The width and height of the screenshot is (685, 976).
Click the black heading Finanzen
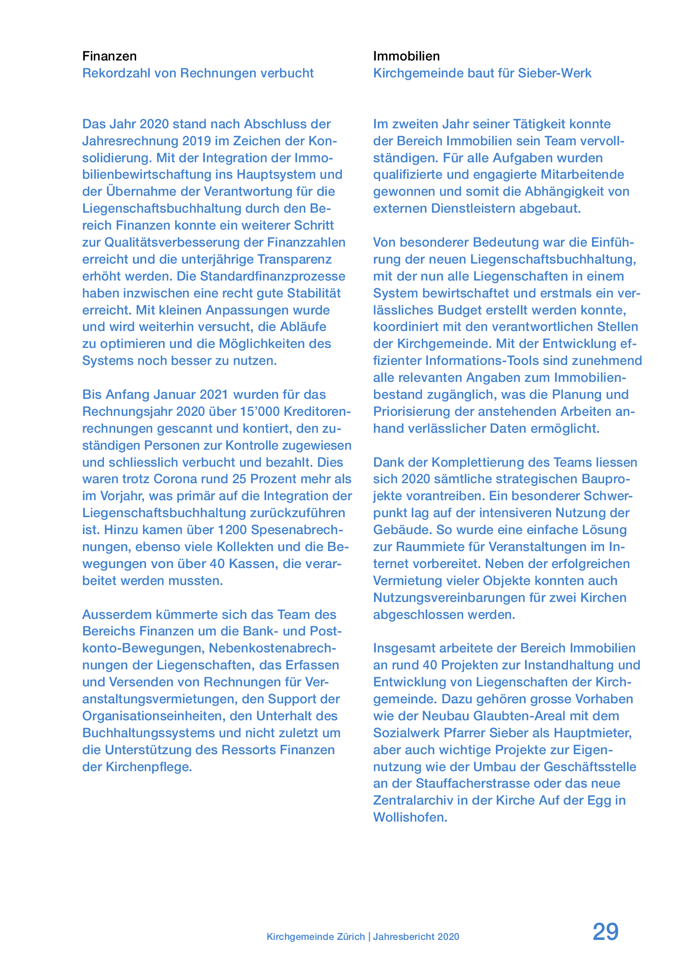(x=109, y=56)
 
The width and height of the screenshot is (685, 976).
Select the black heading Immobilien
(x=406, y=56)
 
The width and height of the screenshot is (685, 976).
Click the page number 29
(x=605, y=932)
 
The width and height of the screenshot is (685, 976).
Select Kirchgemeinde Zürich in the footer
(x=315, y=936)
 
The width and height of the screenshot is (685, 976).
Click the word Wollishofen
(x=410, y=817)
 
